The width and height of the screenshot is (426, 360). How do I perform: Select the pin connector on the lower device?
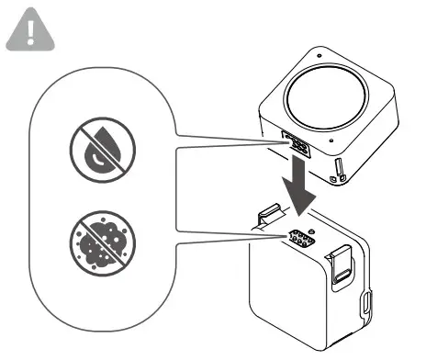(300, 240)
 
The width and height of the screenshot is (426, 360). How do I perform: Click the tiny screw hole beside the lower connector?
(311, 229)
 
